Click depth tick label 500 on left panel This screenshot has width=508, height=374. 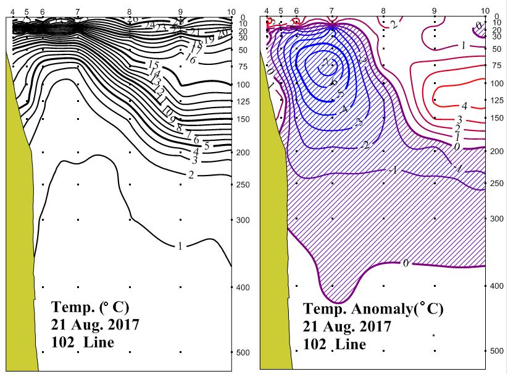point(242,352)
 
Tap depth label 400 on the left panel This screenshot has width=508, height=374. point(242,287)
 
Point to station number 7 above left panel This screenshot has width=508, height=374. point(77,12)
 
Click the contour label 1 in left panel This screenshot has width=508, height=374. point(180,246)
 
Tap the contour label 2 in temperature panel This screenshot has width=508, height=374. point(191,175)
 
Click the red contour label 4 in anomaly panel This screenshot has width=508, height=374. point(464,106)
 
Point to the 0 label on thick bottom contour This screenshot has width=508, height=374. point(406,264)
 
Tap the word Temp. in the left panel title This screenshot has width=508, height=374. point(73,307)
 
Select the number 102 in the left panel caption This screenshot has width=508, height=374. point(64,342)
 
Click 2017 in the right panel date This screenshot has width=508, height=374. point(372,326)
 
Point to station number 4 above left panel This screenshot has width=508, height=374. point(13,12)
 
